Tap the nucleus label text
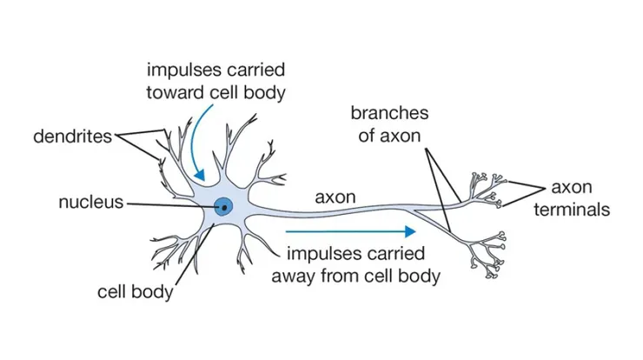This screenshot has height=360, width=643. [x=90, y=203]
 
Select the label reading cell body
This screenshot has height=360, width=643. [x=135, y=291]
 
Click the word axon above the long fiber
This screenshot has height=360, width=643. [x=335, y=197]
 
